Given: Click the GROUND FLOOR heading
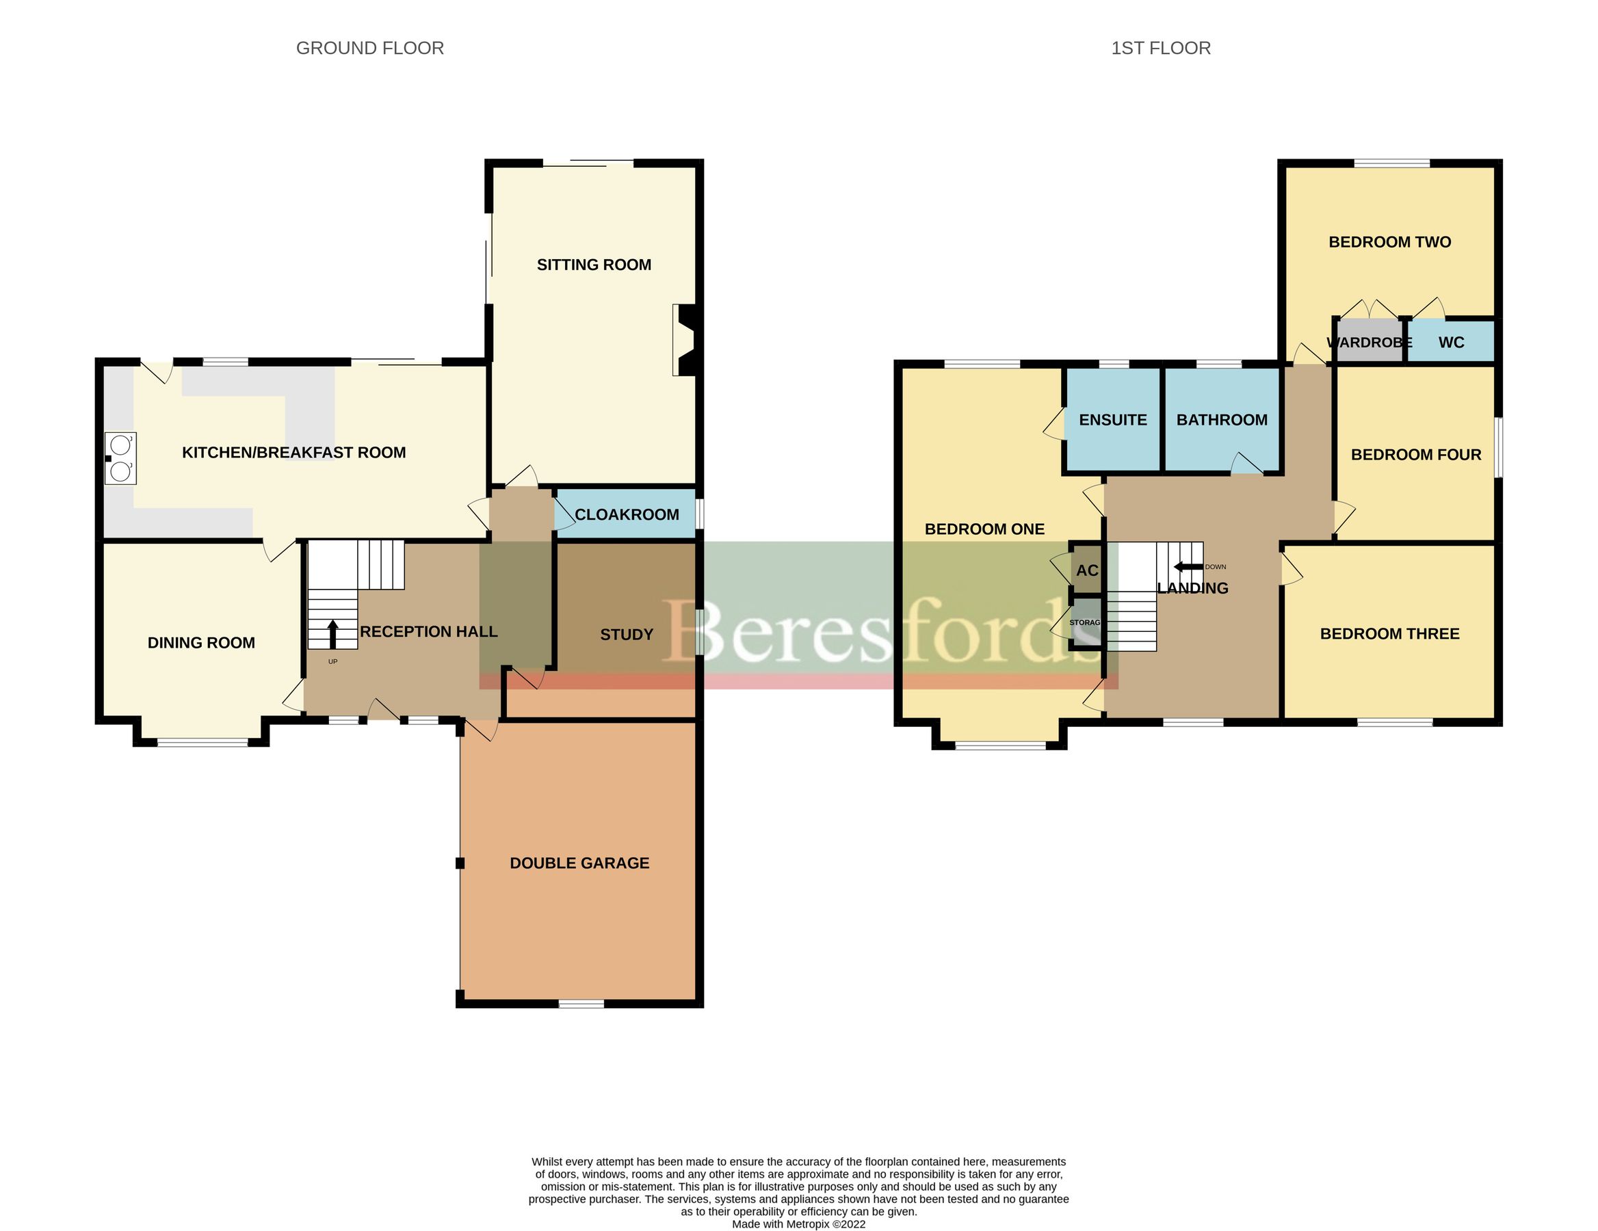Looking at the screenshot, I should click(x=369, y=49).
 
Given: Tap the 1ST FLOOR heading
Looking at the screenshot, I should click(x=1160, y=49).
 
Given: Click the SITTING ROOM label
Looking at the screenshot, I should click(x=593, y=265).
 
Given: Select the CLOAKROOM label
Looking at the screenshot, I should click(x=627, y=514).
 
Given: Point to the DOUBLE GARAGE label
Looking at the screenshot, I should click(x=579, y=863).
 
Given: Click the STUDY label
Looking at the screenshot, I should click(x=627, y=634).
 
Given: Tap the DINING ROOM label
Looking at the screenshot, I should click(x=201, y=643).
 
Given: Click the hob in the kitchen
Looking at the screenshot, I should click(x=120, y=459).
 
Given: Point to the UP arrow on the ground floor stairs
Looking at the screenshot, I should click(x=333, y=633).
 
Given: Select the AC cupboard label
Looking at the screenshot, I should click(x=1086, y=570).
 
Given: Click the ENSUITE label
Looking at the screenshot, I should click(x=1112, y=420).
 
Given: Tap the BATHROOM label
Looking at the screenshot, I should click(x=1221, y=420).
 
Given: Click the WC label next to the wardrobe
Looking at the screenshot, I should click(x=1450, y=343).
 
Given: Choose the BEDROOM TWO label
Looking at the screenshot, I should click(x=1389, y=242).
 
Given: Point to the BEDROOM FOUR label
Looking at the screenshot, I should click(x=1415, y=455).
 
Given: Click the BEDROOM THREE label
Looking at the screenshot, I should click(x=1389, y=634).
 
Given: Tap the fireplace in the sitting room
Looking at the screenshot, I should click(x=685, y=341).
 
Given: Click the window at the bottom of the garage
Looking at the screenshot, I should click(x=581, y=1003).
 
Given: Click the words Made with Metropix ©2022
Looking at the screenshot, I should click(x=798, y=1223).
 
